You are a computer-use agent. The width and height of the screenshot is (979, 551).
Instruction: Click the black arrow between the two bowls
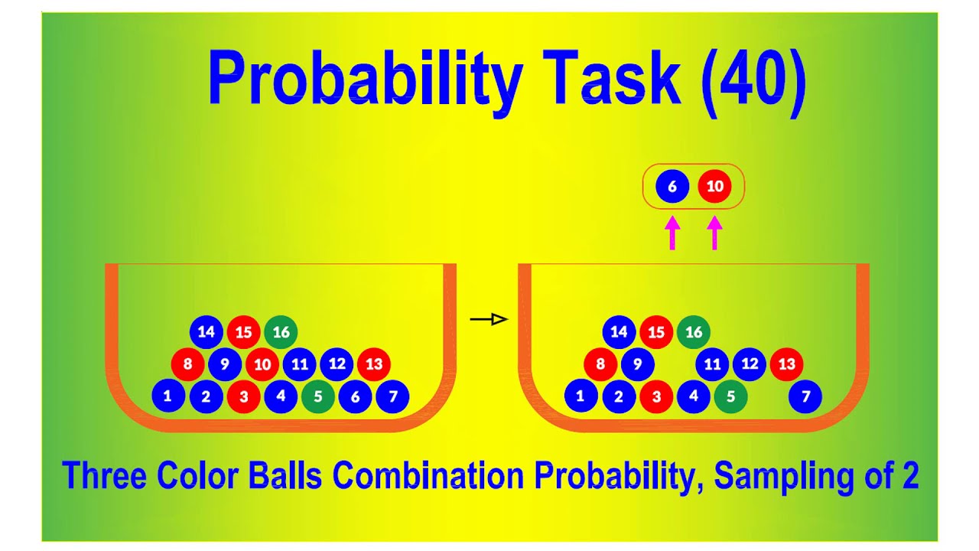pos(489,320)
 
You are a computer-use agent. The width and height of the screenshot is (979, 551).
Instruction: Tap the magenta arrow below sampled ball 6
pos(672,233)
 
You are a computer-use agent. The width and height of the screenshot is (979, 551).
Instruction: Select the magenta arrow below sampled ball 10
pos(714,233)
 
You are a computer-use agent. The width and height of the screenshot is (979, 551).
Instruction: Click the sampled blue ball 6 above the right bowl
pos(672,187)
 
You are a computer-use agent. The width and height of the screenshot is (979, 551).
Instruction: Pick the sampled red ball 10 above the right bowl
pos(714,187)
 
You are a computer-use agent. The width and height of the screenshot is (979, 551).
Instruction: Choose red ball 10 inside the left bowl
pos(262,364)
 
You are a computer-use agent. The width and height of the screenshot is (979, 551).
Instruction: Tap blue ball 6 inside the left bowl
pos(355,396)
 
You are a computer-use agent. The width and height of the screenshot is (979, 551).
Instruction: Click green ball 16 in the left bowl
pos(281,332)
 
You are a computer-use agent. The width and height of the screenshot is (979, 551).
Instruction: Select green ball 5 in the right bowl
pos(730,396)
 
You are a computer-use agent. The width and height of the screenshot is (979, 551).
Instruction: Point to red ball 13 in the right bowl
pos(786,364)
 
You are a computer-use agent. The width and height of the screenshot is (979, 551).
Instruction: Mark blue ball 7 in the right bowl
pos(805,396)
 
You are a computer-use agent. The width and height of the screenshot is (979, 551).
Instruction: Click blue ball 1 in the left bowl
pos(168,396)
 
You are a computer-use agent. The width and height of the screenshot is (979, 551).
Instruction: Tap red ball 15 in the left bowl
pos(243,332)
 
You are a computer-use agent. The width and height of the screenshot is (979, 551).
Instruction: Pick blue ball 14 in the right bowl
pos(619,332)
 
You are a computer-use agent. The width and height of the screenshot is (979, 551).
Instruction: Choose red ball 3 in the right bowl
pos(655,396)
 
